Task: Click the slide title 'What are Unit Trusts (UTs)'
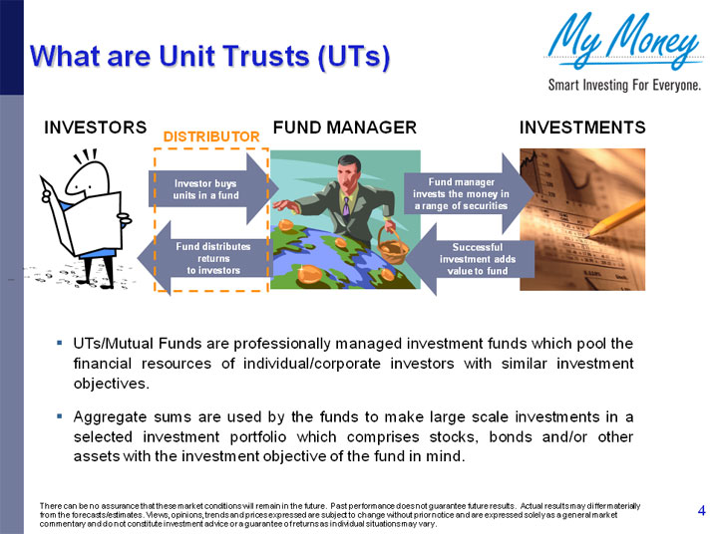pyautogui.click(x=209, y=55)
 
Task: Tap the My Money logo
pyautogui.click(x=624, y=42)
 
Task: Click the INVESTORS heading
pyautogui.click(x=95, y=128)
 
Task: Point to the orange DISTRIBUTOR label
pyautogui.click(x=210, y=135)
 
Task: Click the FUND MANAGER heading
pyautogui.click(x=344, y=128)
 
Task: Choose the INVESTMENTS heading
pyautogui.click(x=582, y=128)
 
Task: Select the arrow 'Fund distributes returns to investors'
pyautogui.click(x=204, y=257)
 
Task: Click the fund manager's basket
pyautogui.click(x=393, y=248)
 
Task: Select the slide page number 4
pyautogui.click(x=701, y=511)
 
